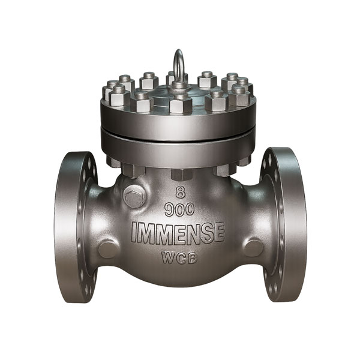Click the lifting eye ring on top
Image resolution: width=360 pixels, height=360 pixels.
[178, 54]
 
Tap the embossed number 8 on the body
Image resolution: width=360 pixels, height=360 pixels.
[181, 192]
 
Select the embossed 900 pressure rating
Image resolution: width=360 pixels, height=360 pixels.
[180, 209]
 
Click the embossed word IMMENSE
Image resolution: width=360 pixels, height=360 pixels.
[178, 233]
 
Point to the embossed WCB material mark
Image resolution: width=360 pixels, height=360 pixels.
[179, 257]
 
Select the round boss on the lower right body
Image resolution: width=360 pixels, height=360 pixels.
[253, 248]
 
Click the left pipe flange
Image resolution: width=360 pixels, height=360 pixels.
[77, 226]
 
